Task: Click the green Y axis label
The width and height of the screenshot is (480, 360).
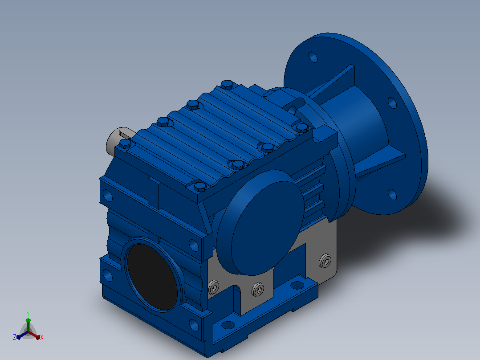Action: coord(28,314)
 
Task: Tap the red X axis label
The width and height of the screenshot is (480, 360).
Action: coord(42,337)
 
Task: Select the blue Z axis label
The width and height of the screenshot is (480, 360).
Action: coord(15,337)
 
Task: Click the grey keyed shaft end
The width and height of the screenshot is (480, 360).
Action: coord(119,140)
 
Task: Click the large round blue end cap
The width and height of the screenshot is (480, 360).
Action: coord(260,223)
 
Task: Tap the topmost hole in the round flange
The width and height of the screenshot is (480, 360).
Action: coord(313,57)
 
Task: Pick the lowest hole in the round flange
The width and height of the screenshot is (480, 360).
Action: coord(392,194)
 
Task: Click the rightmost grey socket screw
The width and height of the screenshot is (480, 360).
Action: coord(325,261)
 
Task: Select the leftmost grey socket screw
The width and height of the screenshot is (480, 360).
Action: coord(213,287)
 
